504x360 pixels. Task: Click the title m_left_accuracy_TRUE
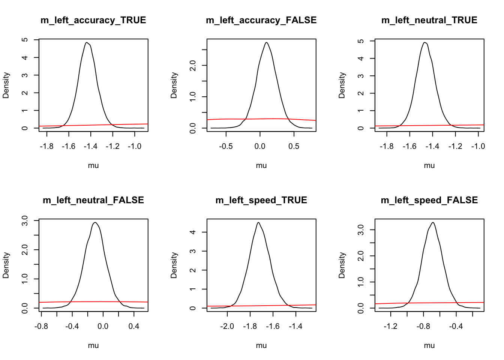pos(93,20)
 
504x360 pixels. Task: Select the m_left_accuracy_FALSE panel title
pos(261,20)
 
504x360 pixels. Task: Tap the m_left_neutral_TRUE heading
pos(429,20)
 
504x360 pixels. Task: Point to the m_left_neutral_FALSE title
pos(93,200)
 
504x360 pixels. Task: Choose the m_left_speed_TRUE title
pos(261,200)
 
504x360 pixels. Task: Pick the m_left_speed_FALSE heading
pos(429,200)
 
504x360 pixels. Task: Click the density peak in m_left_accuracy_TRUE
pos(87,42)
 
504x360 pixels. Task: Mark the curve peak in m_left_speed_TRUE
pos(258,222)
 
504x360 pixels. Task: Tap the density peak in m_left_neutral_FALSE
pos(95,222)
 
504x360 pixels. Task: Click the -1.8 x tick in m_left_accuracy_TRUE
pos(47,146)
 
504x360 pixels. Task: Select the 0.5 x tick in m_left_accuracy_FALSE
pos(294,146)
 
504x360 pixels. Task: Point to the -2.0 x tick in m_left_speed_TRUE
pos(227,326)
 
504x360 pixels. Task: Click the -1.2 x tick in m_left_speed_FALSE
pos(390,326)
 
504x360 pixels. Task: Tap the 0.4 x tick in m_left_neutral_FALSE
pos(134,326)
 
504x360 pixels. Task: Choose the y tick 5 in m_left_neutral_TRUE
pos(361,41)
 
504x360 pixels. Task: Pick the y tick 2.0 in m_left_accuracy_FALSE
pos(193,65)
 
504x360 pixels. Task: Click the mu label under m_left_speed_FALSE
pos(429,345)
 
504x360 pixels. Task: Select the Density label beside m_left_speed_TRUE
pos(174,265)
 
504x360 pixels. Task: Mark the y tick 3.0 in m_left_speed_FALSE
pos(361,229)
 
